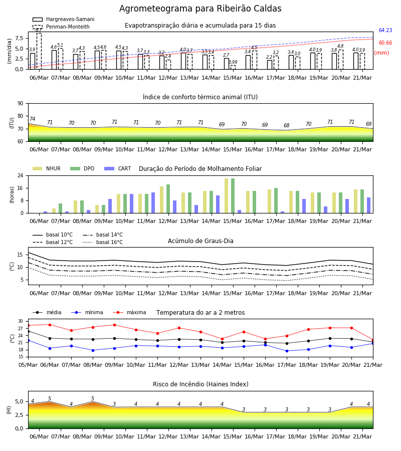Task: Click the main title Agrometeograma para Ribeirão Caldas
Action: [x=200, y=9]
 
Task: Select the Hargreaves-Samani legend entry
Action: [x=64, y=19]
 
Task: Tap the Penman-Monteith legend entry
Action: [x=61, y=27]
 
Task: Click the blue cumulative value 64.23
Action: [x=385, y=30]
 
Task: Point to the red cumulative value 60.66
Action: [x=385, y=43]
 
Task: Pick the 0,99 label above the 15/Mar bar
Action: [x=233, y=62]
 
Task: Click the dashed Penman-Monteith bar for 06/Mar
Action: [x=39, y=51]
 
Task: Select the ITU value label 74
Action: [x=32, y=119]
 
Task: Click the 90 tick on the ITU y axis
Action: [x=21, y=104]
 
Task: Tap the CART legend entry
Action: [x=118, y=168]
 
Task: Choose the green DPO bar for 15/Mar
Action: [x=233, y=196]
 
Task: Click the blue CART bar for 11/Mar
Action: [x=153, y=203]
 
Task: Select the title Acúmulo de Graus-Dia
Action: [x=200, y=241]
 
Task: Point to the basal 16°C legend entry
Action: [x=103, y=242]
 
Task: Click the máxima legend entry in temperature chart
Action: [x=129, y=312]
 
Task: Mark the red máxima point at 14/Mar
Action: [x=222, y=339]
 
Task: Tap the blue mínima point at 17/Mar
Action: [x=287, y=351]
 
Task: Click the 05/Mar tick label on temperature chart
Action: [x=28, y=365]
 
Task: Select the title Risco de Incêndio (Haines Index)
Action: [x=200, y=384]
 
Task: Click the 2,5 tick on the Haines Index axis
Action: [x=19, y=415]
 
